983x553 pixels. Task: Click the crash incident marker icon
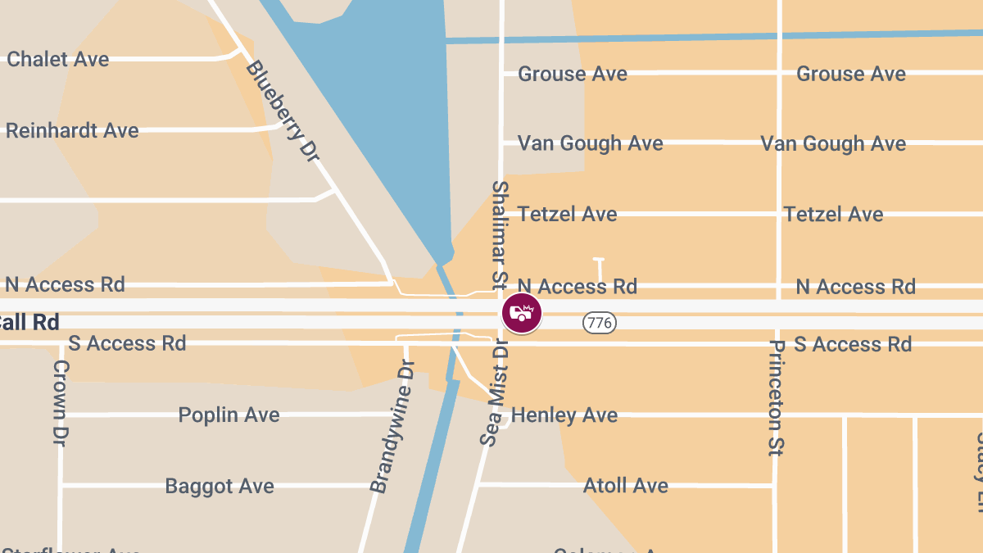pos(522,312)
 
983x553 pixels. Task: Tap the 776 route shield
pos(600,323)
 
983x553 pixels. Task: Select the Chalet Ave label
pos(57,59)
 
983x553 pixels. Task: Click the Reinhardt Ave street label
pos(72,130)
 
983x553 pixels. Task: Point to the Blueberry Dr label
pos(281,111)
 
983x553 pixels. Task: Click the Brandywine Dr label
pos(392,437)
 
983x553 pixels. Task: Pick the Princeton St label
pos(776,397)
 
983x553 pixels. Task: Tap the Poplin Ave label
pos(229,415)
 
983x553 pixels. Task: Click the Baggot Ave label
pos(220,486)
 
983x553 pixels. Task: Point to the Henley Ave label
pos(564,415)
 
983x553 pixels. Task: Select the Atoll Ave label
pos(626,486)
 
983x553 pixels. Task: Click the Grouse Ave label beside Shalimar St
pos(573,74)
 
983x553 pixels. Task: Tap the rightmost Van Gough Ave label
pos(833,144)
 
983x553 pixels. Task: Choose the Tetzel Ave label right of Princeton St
pos(833,215)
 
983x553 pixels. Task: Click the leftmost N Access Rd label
pos(65,284)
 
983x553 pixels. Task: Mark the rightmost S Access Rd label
pos(852,344)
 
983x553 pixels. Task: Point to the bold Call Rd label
pos(29,322)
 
